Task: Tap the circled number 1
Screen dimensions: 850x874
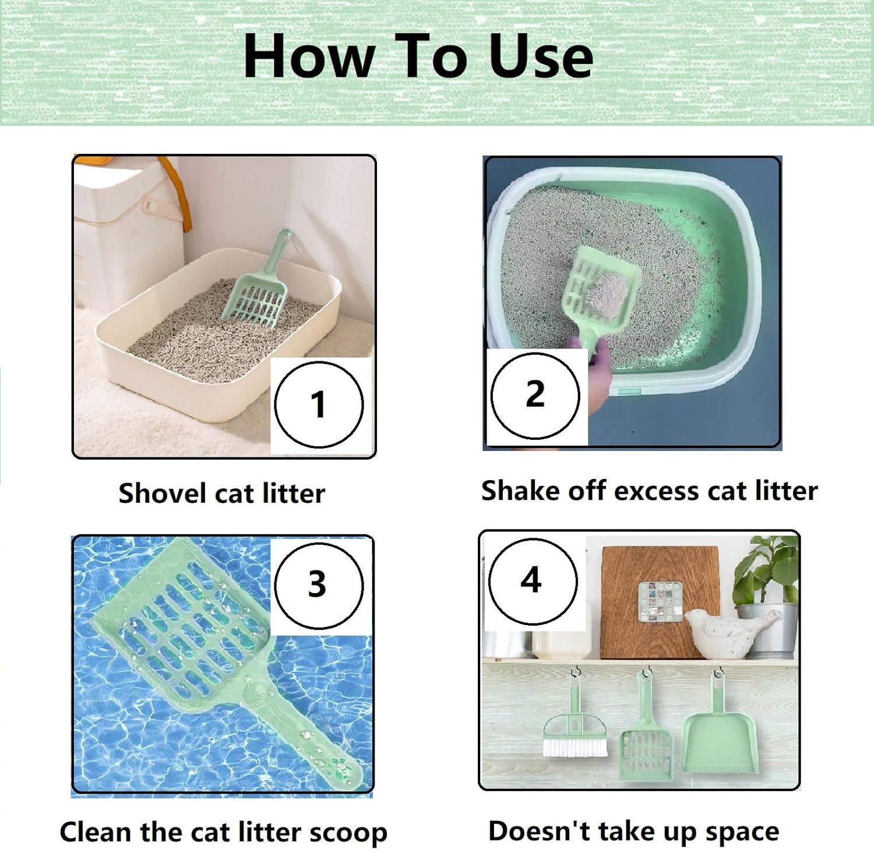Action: click(x=318, y=404)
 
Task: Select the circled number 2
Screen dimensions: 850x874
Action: click(x=535, y=394)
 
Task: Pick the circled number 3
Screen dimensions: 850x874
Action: click(x=318, y=584)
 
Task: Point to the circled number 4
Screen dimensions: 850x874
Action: click(x=531, y=580)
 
